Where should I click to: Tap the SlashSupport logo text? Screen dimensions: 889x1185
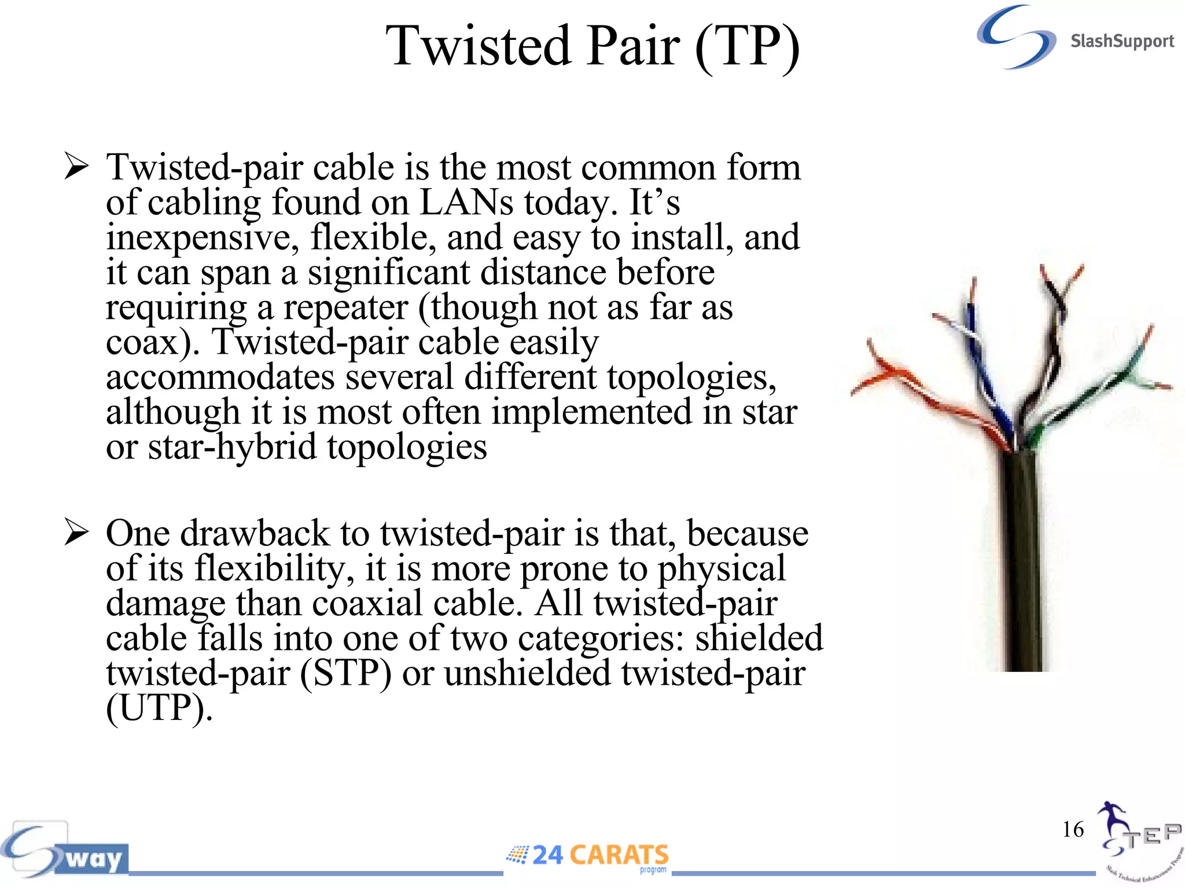pyautogui.click(x=1121, y=42)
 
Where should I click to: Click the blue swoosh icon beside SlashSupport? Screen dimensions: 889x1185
pyautogui.click(x=1015, y=37)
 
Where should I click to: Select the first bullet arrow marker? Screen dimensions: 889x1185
pyautogui.click(x=76, y=166)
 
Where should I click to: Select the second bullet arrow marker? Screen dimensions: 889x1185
pyautogui.click(x=76, y=532)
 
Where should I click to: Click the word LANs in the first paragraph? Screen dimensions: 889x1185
pyautogui.click(x=466, y=203)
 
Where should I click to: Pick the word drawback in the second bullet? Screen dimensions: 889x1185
pyautogui.click(x=255, y=533)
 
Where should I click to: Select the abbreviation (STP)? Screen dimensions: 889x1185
pyautogui.click(x=345, y=673)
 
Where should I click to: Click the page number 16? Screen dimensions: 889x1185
pyautogui.click(x=1073, y=829)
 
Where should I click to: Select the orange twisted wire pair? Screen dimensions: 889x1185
pyautogui.click(x=926, y=394)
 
